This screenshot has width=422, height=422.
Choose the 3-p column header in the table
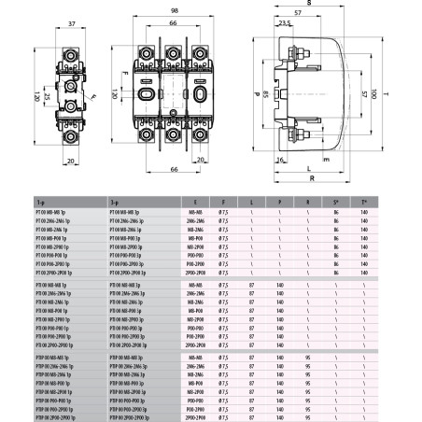coord(114,201)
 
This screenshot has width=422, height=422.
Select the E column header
coord(193,201)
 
